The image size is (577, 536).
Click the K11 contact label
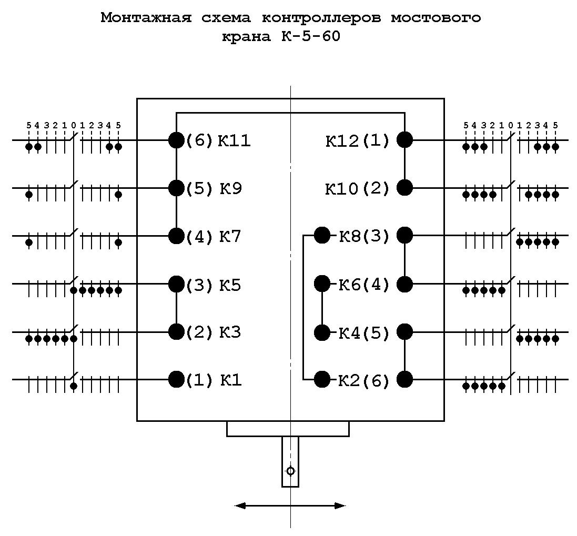(x=234, y=140)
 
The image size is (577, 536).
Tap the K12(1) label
(x=357, y=140)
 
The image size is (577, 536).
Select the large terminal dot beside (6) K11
(x=176, y=140)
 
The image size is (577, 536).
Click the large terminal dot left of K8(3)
(x=322, y=236)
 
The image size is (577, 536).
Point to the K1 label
(x=231, y=380)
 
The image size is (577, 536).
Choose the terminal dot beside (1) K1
(x=176, y=379)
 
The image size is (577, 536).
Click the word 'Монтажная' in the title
(x=146, y=18)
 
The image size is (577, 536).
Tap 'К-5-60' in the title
(x=311, y=36)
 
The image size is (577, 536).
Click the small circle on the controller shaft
(x=290, y=471)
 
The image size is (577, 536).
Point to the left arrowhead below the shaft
(x=240, y=506)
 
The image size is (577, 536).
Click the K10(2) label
(x=357, y=189)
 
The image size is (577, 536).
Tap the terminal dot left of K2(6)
(x=322, y=379)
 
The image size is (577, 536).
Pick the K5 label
(x=230, y=285)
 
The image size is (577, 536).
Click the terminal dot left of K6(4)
(x=322, y=284)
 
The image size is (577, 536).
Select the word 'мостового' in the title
(x=436, y=18)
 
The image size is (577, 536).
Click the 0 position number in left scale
(x=74, y=125)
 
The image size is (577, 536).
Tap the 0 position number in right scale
(x=510, y=125)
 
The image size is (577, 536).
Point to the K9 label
(x=231, y=189)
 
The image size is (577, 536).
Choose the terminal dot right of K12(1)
(x=405, y=140)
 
